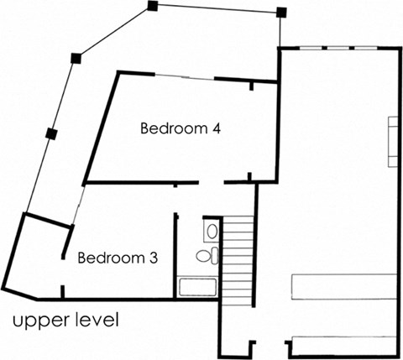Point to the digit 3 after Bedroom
153,258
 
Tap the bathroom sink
212,230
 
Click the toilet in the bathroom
206,255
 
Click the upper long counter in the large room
343,285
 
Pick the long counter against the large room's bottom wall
343,344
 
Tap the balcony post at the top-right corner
281,13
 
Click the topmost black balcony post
152,6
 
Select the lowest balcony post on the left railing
50,133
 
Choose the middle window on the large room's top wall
337,49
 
